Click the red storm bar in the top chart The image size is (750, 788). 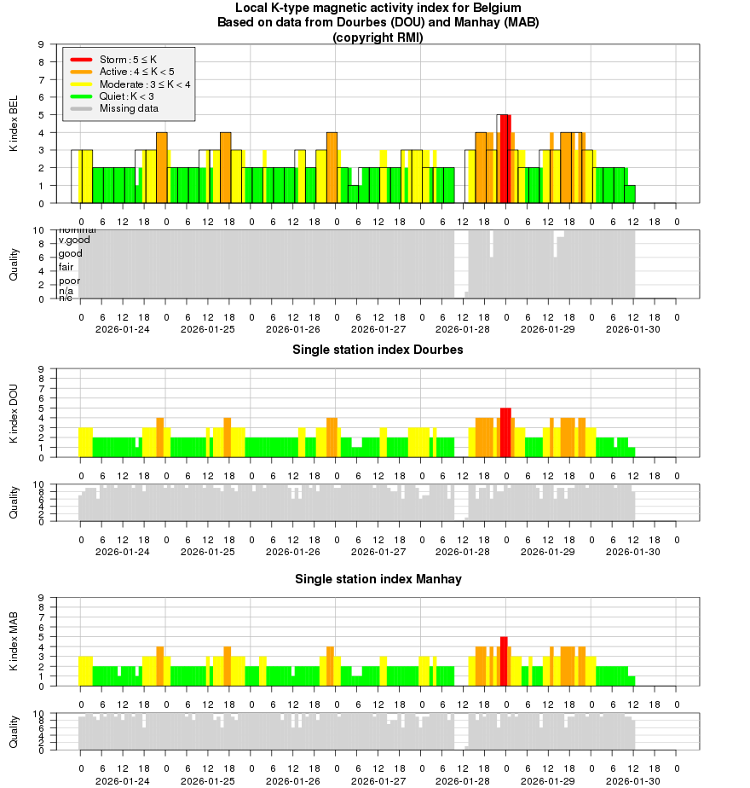[x=505, y=159]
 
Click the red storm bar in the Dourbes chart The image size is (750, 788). [x=505, y=432]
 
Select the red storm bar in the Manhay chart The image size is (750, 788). [x=504, y=661]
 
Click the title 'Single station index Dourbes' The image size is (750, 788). [x=378, y=350]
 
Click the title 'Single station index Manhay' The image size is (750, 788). [x=378, y=579]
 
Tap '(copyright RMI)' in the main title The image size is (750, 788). [x=378, y=37]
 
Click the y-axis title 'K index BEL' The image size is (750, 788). [x=14, y=125]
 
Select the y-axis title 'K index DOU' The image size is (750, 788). [x=14, y=414]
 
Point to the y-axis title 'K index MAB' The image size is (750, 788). [x=14, y=642]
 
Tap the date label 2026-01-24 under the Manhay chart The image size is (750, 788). [x=123, y=780]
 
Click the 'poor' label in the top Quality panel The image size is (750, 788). [x=69, y=281]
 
